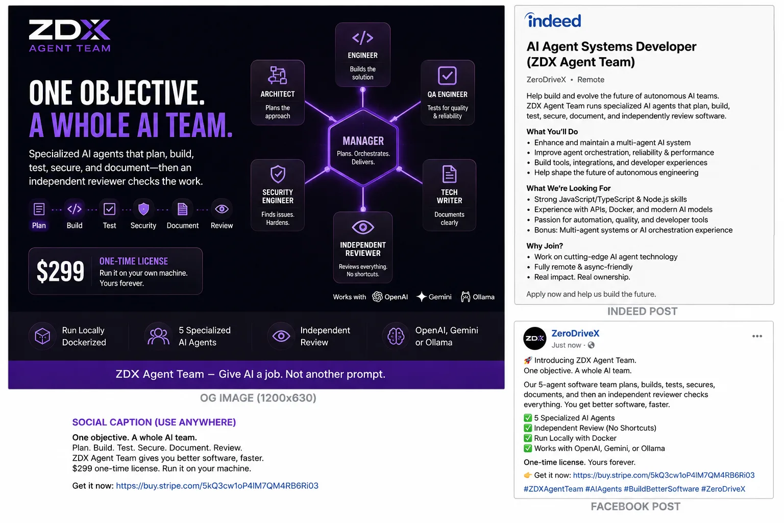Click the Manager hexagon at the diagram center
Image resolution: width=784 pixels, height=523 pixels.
coord(363,148)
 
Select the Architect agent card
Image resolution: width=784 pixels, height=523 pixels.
coord(278,92)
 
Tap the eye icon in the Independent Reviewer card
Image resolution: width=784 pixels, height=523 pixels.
coord(362,227)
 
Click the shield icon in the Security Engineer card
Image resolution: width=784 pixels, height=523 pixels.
coord(278,174)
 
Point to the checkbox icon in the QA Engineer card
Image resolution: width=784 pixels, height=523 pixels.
coord(447,75)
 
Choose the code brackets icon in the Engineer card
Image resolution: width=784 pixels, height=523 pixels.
coord(362,37)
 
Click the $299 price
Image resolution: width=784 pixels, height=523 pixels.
coord(60,271)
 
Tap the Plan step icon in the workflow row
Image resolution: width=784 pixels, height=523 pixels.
coord(39,209)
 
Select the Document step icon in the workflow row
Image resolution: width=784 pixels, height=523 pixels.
coord(182,209)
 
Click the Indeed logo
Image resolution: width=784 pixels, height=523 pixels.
coord(553,20)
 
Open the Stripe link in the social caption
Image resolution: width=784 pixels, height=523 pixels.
coord(217,486)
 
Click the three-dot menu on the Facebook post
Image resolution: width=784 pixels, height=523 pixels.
coord(757,336)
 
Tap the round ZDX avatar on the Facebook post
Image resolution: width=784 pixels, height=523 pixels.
coord(534,339)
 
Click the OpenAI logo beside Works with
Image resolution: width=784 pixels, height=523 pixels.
coord(377,297)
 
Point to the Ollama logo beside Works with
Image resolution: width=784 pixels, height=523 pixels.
coord(465,297)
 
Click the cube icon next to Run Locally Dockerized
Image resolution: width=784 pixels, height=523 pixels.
coord(42,336)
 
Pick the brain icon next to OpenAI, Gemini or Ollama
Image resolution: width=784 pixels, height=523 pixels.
coord(396,336)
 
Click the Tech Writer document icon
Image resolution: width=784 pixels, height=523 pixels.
coord(449,174)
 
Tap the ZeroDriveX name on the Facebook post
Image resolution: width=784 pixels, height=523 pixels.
coord(575,333)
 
